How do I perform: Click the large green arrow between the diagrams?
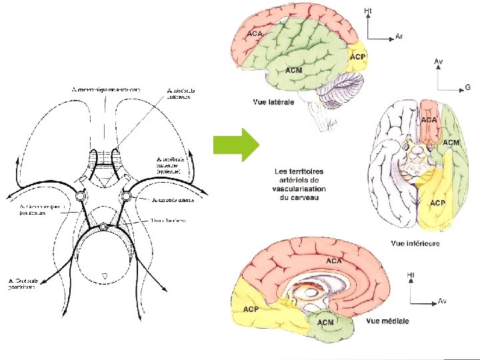pos(235,144)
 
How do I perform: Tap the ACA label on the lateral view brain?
pos(253,33)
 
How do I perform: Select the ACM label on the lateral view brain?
pos(294,70)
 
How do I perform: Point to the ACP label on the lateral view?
pos(357,58)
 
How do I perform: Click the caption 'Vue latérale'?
pos(274,102)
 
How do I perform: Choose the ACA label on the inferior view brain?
pos(429,119)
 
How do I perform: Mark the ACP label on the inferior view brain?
pos(437,203)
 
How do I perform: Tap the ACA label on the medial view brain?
pos(334,261)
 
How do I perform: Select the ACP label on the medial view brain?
pos(251,309)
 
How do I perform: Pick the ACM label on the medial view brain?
pos(325,323)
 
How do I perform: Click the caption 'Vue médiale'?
pos(387,321)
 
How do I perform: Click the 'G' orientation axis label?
pos(467,87)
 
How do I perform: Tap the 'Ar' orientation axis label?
pos(399,36)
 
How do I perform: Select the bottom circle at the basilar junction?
pos(103,227)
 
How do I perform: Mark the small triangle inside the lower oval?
pos(103,274)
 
